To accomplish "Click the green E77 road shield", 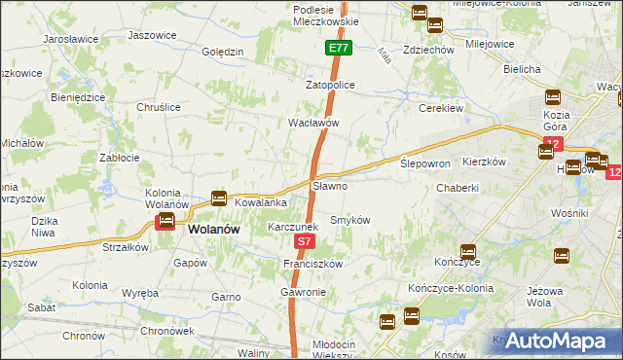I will click(338, 48).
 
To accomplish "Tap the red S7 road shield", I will click(305, 240).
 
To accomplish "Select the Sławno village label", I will click(329, 185).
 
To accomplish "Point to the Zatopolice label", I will click(331, 86).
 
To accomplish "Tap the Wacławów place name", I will click(312, 124).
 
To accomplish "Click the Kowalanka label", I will click(260, 202).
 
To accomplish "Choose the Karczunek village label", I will click(293, 227).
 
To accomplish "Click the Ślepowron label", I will click(425, 163).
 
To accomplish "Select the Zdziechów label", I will click(428, 50).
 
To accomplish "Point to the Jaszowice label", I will click(152, 35).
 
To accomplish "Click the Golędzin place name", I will click(221, 52).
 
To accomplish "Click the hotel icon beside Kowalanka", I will click(219, 198).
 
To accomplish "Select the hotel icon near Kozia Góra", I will click(552, 97).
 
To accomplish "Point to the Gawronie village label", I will click(303, 292).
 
